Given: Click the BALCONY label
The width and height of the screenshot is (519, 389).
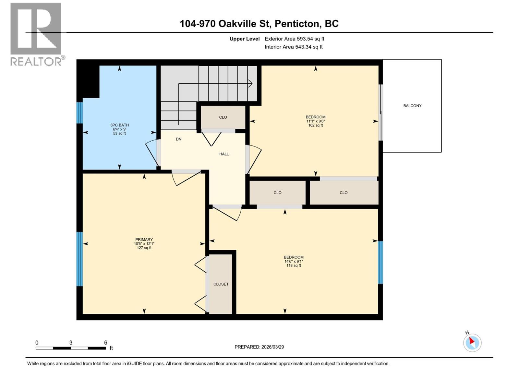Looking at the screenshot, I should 412,106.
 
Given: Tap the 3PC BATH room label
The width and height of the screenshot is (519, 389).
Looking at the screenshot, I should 119,125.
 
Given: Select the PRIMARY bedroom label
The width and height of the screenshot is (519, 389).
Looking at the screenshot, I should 144,240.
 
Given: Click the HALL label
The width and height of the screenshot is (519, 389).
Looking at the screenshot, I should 224,154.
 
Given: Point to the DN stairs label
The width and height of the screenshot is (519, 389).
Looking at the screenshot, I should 178,139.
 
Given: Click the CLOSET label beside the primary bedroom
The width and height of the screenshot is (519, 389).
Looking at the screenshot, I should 221,284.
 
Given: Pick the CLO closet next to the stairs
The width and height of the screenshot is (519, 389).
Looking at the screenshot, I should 223,117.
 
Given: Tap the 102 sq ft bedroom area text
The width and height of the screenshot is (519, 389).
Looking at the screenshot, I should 315,125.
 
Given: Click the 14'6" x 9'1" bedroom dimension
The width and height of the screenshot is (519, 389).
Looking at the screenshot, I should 294,261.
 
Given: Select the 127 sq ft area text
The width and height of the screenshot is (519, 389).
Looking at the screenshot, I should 144,248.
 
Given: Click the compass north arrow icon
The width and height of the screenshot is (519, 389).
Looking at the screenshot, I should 472,342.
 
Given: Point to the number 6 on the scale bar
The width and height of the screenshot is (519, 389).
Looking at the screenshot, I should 105,343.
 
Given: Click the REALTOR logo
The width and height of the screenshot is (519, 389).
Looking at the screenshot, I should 36,34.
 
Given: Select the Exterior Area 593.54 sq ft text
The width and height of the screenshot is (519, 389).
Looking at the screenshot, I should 294,39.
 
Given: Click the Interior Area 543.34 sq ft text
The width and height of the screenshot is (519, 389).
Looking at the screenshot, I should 293,47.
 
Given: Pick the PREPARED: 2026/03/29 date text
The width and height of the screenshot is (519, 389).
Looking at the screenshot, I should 259,347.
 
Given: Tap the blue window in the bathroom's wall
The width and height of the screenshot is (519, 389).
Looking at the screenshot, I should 79,113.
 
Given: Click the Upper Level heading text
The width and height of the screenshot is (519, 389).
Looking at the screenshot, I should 245,39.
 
